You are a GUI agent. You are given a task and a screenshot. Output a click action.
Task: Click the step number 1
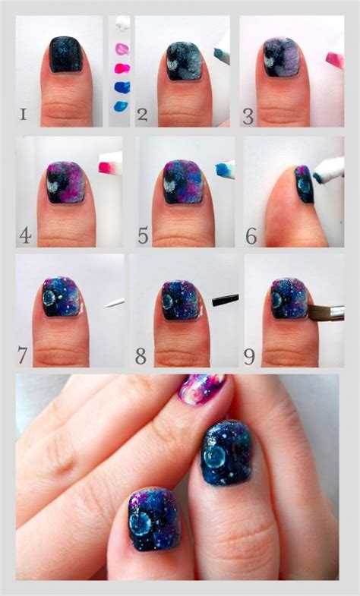[24, 115]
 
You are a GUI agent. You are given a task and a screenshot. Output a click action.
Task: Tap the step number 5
[143, 235]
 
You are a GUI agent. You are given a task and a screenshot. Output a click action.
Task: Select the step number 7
[24, 354]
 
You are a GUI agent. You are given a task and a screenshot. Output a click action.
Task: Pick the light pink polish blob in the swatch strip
[122, 49]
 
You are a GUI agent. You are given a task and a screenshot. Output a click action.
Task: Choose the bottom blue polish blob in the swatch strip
[121, 106]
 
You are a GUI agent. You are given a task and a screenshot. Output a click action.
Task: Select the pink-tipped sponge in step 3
[334, 59]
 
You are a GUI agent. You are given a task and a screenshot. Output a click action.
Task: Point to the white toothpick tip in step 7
[115, 303]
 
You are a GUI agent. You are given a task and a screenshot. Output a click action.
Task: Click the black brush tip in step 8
[226, 301]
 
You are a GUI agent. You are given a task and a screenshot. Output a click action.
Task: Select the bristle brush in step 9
[327, 311]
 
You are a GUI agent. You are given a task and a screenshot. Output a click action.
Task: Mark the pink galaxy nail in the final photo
[201, 389]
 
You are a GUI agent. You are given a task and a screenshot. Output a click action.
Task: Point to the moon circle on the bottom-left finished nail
[144, 522]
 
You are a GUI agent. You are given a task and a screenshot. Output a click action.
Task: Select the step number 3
[248, 115]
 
